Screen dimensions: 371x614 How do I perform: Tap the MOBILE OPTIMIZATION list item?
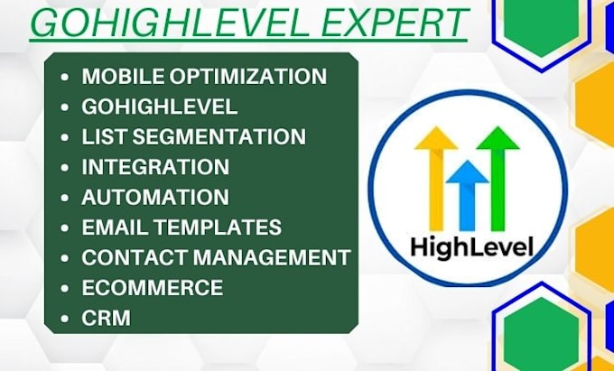click(204, 76)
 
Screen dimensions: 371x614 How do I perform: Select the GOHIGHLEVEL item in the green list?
click(160, 107)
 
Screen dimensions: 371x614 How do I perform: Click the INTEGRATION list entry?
click(155, 167)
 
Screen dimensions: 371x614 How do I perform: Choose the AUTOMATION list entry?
click(155, 197)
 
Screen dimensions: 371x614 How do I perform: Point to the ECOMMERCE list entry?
click(152, 287)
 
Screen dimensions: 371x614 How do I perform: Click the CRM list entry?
click(106, 318)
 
